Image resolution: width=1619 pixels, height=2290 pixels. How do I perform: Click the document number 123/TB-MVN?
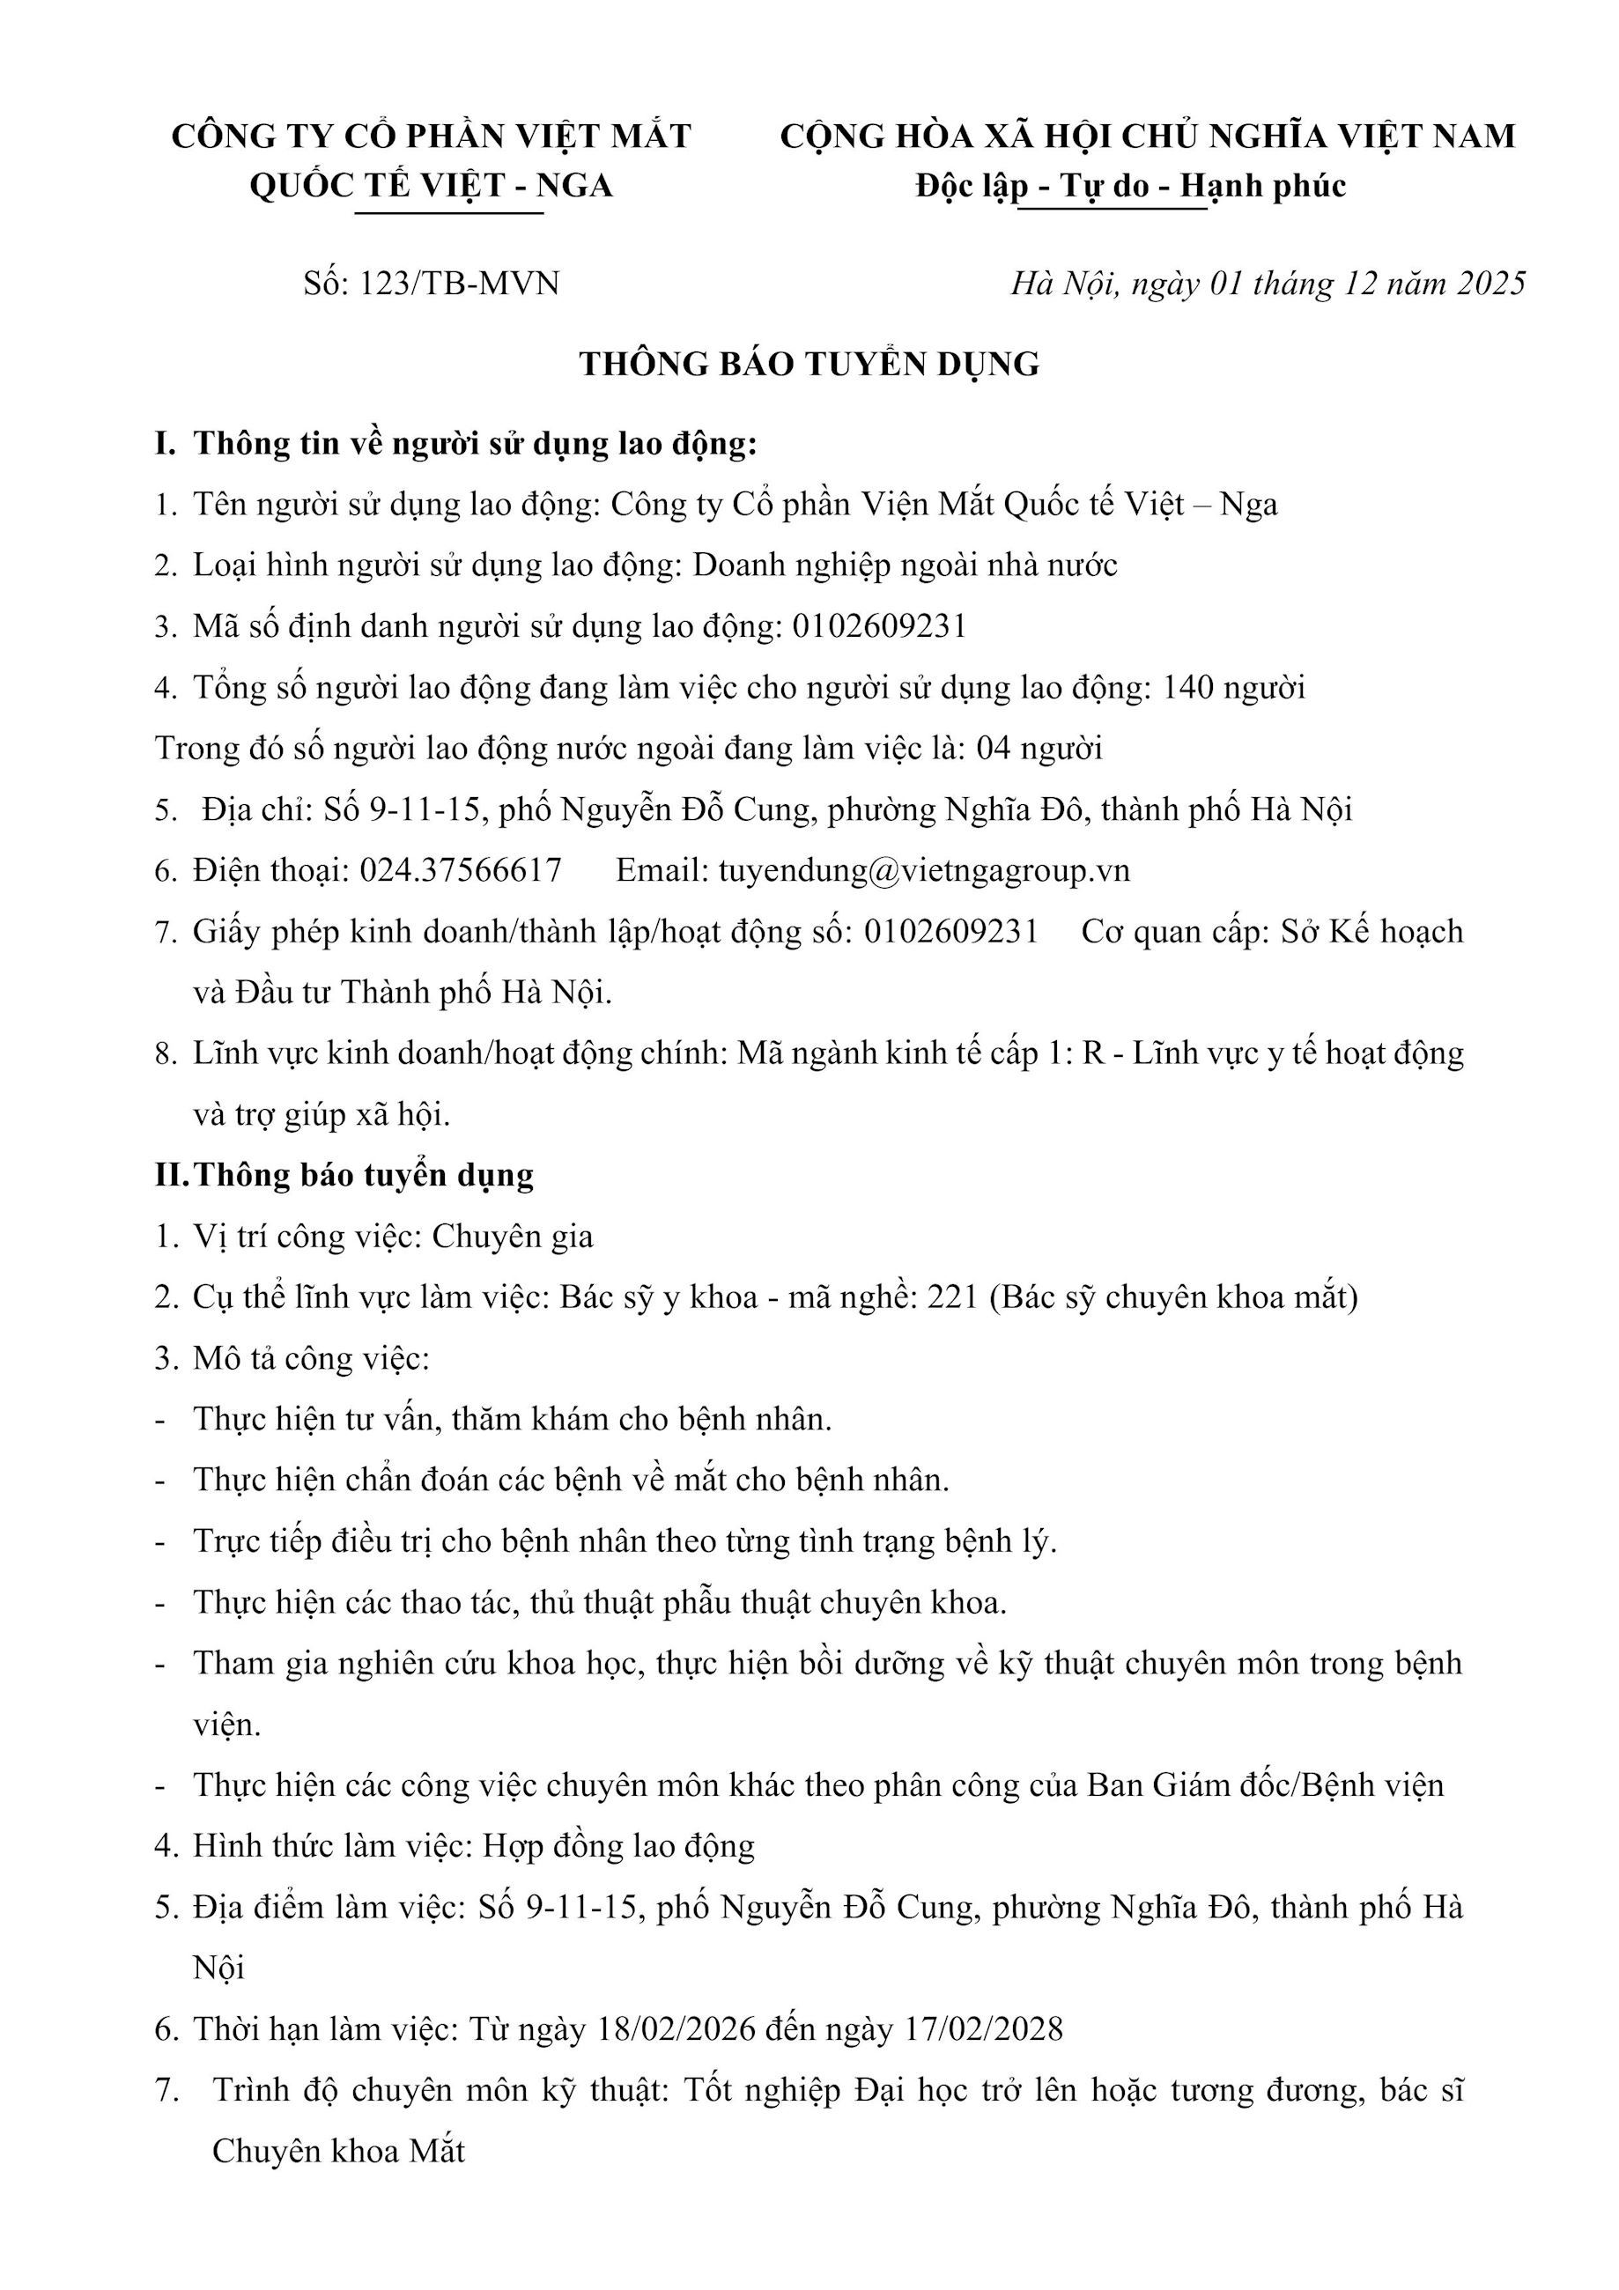(x=459, y=284)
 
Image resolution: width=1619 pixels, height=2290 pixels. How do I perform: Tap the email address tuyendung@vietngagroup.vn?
(x=924, y=871)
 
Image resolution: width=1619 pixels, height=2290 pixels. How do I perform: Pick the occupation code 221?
(x=953, y=1297)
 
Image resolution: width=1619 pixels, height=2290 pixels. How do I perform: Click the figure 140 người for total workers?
(x=1234, y=688)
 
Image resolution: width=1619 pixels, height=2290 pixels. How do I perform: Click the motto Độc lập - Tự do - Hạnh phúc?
(x=1131, y=187)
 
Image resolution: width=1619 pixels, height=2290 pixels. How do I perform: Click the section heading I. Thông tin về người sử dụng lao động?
(x=456, y=444)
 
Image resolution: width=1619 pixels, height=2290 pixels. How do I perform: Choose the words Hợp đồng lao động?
(x=618, y=1846)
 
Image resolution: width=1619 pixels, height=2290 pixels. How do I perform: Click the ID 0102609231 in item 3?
(x=879, y=626)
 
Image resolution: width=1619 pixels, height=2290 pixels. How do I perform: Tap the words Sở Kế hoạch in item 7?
(x=1371, y=932)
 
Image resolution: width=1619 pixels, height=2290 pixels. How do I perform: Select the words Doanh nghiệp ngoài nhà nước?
(x=905, y=565)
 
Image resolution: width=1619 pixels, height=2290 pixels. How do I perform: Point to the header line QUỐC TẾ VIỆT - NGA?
(x=431, y=187)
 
